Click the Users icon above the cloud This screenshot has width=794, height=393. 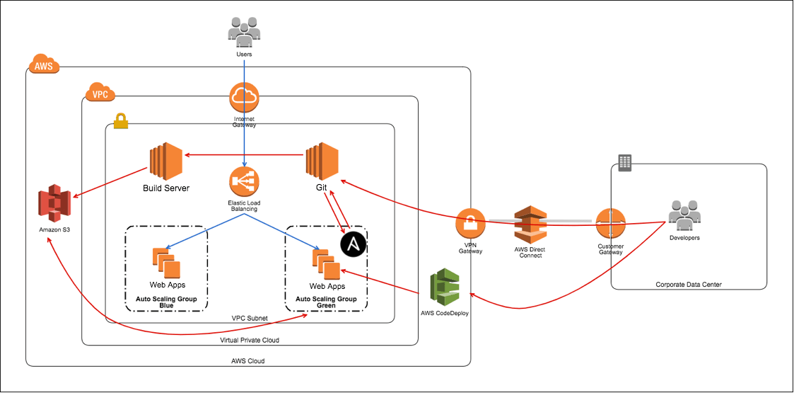click(244, 32)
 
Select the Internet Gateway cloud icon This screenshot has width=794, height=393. click(244, 97)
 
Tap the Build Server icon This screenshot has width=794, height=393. click(166, 162)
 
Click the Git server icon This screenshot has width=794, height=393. click(322, 162)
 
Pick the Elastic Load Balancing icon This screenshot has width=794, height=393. click(244, 182)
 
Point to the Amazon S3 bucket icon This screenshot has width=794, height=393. click(55, 203)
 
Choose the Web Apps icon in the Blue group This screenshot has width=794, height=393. click(167, 263)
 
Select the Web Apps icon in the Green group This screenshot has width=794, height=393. click(327, 265)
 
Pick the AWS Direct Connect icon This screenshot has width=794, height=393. click(531, 224)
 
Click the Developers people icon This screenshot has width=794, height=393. click(684, 215)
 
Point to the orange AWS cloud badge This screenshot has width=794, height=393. click(44, 66)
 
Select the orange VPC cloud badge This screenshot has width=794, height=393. click(100, 93)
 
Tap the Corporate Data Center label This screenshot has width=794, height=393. click(689, 285)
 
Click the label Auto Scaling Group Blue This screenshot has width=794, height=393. click(167, 302)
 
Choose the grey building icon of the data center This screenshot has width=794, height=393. click(625, 163)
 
